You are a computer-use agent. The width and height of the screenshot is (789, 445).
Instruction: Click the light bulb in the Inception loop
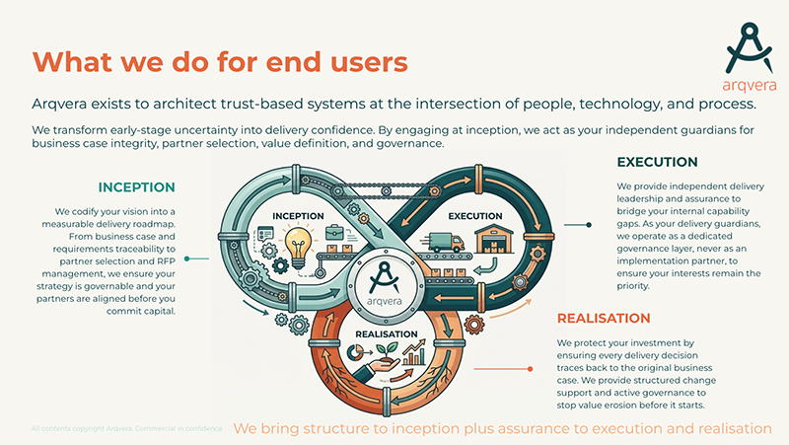coord(296,243)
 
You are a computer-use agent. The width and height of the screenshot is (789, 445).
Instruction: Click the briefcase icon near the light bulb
coord(333,233)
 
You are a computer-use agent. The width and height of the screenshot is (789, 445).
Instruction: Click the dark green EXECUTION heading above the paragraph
coord(657,162)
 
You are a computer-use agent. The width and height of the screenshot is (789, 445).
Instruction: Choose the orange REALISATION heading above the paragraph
coord(604,318)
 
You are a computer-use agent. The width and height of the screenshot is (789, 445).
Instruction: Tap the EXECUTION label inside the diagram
coord(475,215)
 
